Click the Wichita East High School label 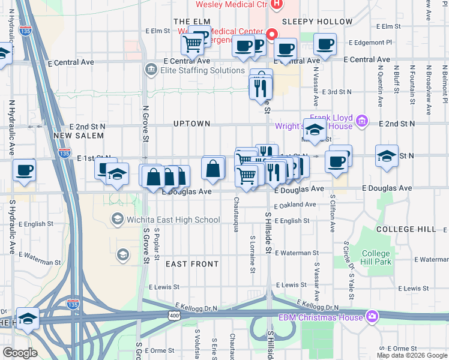tap(173, 220)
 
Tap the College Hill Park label tap(376, 257)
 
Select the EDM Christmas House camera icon tap(372, 317)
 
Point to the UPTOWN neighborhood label tap(191, 124)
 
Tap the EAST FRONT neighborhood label tap(192, 264)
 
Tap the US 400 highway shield tap(174, 316)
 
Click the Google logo tap(20, 353)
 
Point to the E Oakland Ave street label tap(295, 205)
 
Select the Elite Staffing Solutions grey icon tap(150, 70)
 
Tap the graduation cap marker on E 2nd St tap(314, 128)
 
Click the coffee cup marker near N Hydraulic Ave tap(24, 169)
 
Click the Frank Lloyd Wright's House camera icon tap(361, 122)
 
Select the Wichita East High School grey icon tap(117, 220)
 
